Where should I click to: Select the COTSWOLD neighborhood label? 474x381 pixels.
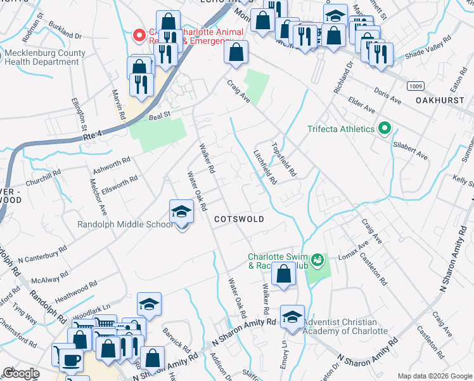coord(238,218)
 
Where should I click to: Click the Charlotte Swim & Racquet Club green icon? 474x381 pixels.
coord(317,259)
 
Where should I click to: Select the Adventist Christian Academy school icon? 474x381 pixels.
coord(292,318)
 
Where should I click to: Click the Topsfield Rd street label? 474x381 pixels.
coord(284,159)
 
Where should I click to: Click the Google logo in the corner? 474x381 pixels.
coord(21,374)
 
